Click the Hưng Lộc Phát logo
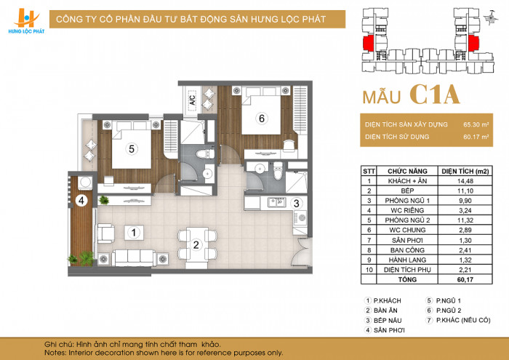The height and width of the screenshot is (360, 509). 26,21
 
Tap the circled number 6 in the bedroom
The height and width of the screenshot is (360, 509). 261,119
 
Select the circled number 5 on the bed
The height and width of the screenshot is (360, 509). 132,149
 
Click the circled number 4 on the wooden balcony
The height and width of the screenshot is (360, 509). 81,201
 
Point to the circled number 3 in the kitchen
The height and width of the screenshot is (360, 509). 296,204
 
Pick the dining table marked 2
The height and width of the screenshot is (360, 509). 197,244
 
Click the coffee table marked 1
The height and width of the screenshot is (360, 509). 133,233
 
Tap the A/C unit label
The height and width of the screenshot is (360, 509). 192,100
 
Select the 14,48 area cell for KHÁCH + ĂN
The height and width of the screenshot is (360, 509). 465,181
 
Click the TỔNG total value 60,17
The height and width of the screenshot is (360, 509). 465,279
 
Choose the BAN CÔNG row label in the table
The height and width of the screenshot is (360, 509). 407,250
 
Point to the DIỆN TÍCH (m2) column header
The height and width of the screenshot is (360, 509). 465,171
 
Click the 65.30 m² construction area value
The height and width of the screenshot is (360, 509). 476,124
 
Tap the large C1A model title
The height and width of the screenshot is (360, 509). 435,95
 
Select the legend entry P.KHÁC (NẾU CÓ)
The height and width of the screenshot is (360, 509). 458,321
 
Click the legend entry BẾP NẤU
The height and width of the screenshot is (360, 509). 383,321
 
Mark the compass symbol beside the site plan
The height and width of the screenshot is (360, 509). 491,17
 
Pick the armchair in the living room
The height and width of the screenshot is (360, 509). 106,233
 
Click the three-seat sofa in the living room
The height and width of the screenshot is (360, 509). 133,258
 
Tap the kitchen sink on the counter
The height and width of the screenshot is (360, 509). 276,203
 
